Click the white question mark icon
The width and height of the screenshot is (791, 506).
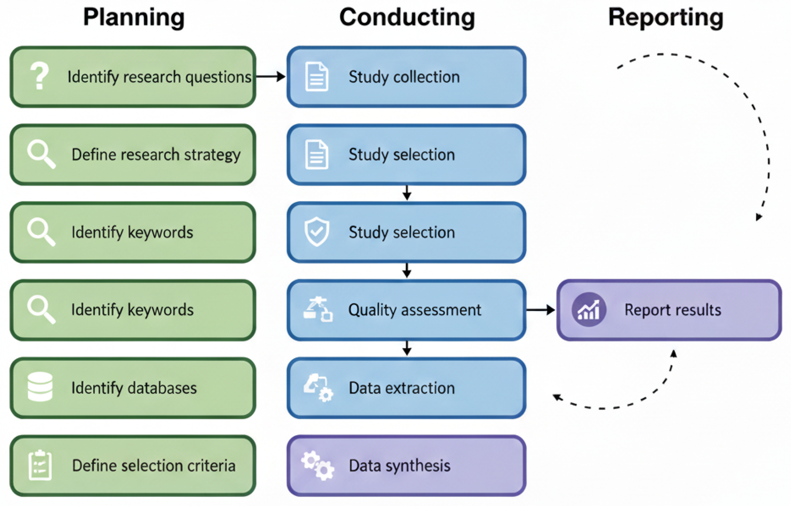(x=39, y=76)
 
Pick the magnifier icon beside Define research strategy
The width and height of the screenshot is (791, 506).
(x=41, y=154)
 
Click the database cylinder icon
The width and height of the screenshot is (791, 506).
(x=40, y=387)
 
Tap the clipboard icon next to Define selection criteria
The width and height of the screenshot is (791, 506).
(x=40, y=465)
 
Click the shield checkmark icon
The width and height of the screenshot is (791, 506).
(x=317, y=231)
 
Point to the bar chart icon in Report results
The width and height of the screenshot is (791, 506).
(x=588, y=310)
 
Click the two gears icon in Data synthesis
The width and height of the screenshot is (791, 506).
(x=318, y=466)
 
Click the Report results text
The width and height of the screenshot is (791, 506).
(x=673, y=310)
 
